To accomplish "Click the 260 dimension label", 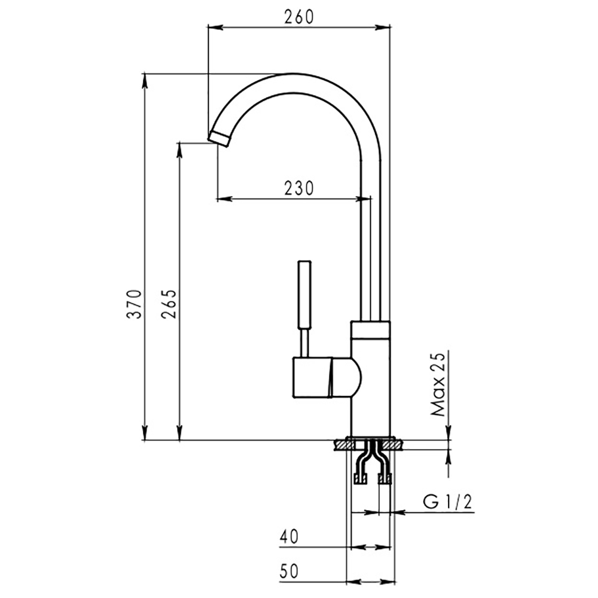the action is (x=299, y=17).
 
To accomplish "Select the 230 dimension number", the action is (x=299, y=188).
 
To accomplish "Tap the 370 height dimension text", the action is (x=135, y=304).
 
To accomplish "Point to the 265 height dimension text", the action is (x=169, y=304).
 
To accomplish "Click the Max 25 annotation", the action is (x=438, y=384).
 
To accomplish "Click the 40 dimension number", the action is (x=289, y=537).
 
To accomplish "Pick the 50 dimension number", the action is (x=289, y=572).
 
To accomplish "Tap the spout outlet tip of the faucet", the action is (x=219, y=138).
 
